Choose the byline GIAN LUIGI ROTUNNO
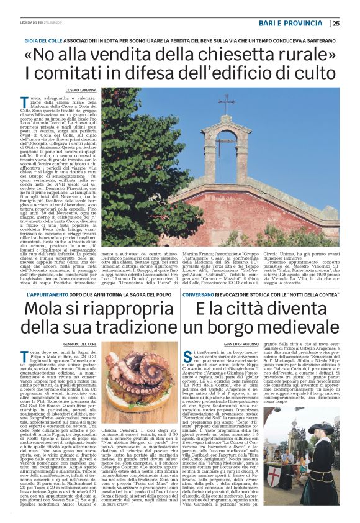coord(224,325)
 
